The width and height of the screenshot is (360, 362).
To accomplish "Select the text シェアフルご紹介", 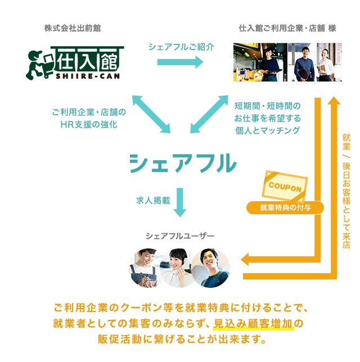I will (x=181, y=47).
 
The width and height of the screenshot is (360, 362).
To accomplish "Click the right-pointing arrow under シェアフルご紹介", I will (x=181, y=63).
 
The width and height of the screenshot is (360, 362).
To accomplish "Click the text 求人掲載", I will (x=152, y=200).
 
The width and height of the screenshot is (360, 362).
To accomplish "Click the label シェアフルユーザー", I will (x=180, y=235).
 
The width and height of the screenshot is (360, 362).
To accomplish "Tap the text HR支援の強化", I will (x=88, y=124).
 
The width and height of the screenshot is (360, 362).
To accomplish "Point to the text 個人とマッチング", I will (x=267, y=131).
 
